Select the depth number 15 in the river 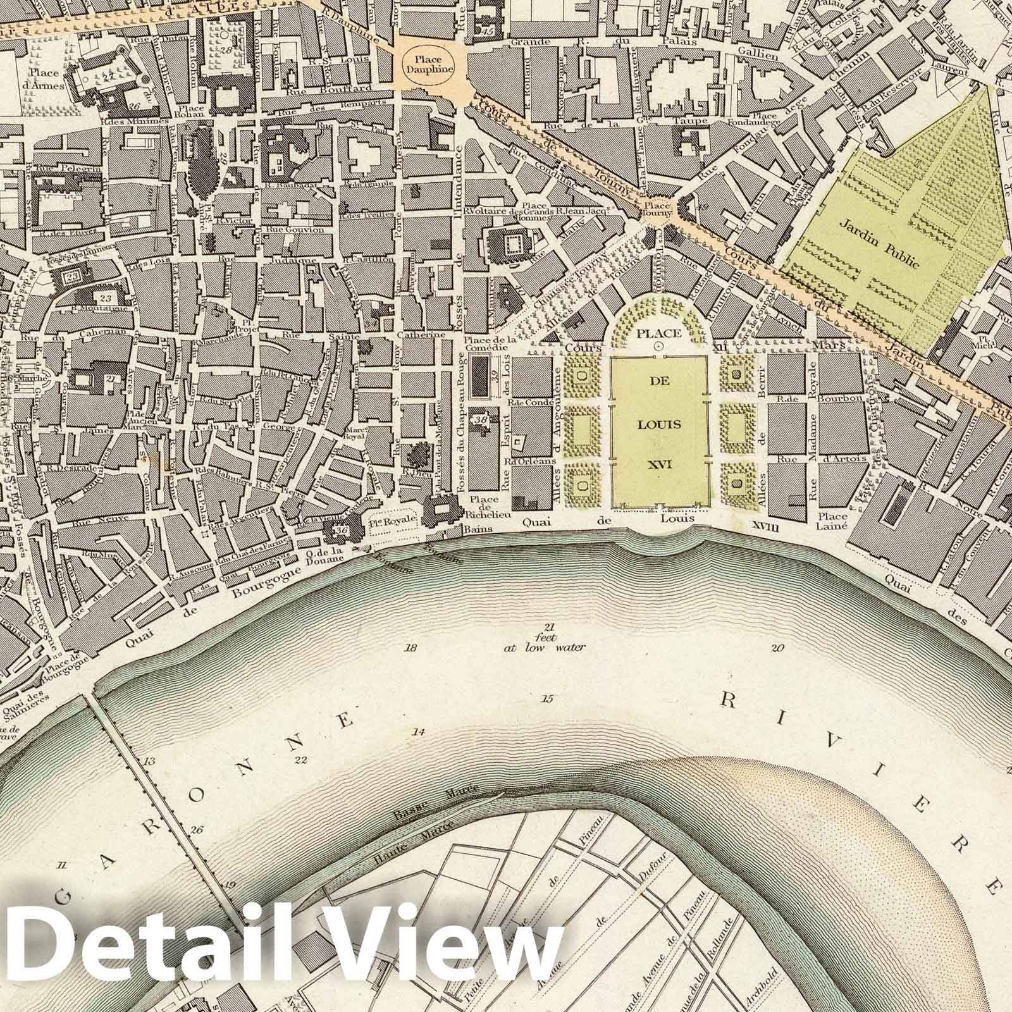pyautogui.click(x=547, y=698)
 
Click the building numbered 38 pyautogui.click(x=481, y=419)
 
